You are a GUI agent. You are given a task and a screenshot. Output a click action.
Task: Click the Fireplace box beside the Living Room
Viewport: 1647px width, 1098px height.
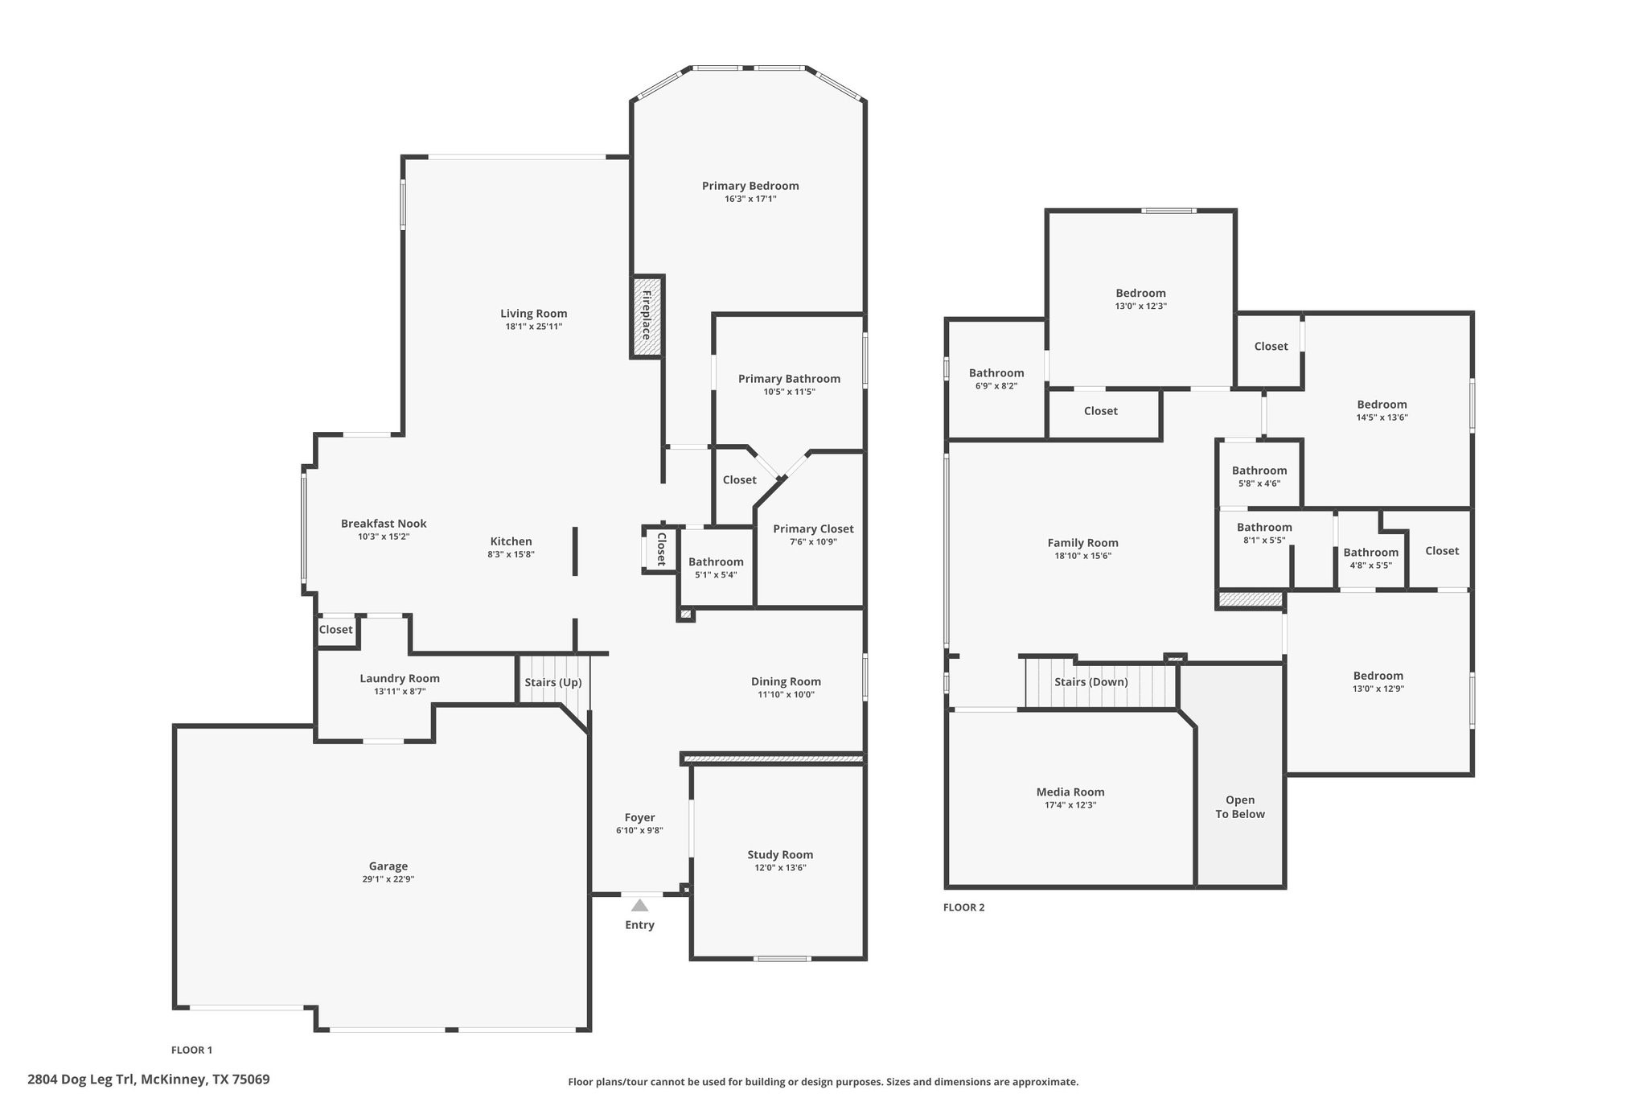(647, 316)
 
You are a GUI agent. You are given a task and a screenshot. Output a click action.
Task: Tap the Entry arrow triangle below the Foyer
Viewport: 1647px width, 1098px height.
(639, 906)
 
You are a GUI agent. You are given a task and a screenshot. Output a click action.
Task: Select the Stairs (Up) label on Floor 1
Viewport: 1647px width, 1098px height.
(552, 682)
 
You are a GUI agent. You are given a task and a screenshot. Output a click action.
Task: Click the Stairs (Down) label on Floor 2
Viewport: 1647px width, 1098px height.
(1090, 682)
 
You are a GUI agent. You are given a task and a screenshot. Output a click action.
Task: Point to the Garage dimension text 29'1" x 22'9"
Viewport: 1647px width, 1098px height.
(388, 879)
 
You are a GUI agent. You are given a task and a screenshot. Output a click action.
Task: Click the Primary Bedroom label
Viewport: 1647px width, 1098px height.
(750, 186)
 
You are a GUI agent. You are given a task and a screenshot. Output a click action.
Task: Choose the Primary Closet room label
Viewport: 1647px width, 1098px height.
(813, 528)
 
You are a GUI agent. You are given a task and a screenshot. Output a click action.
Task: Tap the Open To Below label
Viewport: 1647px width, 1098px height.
(1239, 807)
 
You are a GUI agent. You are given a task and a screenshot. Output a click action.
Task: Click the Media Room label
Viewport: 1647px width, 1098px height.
(1070, 792)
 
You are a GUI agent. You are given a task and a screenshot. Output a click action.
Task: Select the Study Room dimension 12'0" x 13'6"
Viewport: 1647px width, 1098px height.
(779, 868)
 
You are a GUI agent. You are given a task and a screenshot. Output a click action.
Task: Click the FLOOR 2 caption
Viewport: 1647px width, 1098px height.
(963, 907)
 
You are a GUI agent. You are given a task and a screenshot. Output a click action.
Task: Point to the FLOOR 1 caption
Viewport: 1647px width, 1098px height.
(191, 1050)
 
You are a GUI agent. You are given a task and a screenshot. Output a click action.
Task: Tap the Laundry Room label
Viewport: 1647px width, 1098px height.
(399, 678)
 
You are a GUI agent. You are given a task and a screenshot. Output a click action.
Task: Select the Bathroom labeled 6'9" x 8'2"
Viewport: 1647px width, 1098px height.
(996, 373)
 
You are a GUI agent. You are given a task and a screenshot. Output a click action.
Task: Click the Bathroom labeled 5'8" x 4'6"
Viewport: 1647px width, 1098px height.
(1259, 471)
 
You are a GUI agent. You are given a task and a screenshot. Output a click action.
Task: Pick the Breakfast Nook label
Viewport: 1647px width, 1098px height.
(384, 524)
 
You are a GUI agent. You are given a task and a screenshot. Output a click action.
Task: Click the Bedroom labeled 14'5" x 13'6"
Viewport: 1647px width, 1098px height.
(1382, 405)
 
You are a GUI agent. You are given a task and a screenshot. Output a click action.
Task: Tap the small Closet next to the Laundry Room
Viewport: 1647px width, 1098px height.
(335, 630)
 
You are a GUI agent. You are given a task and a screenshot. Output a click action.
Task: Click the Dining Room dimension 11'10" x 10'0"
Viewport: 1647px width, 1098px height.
(786, 694)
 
